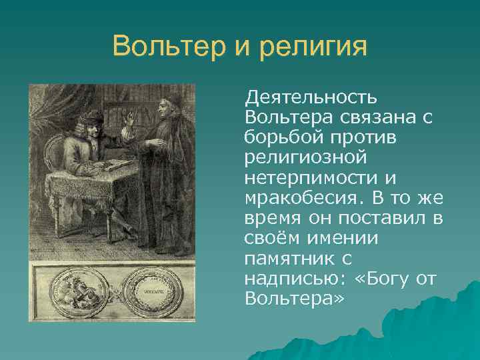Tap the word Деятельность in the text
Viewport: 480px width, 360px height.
pos(311,99)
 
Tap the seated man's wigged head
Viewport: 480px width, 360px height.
pos(93,121)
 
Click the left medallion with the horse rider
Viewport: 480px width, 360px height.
pos(75,291)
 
